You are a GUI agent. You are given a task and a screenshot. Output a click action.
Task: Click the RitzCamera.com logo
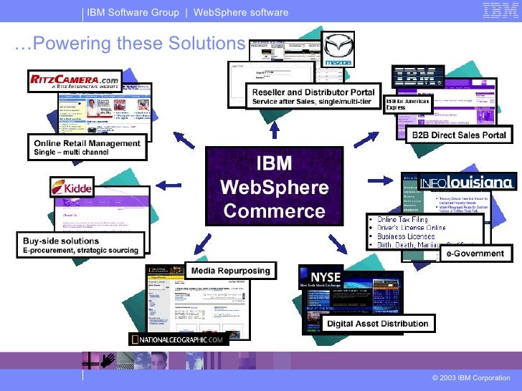tap(73, 82)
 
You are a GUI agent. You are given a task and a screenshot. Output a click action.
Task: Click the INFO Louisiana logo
tap(467, 182)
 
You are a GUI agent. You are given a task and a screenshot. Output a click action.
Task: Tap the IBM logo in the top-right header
tap(500, 10)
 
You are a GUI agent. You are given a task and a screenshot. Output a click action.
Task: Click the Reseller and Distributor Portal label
tap(311, 97)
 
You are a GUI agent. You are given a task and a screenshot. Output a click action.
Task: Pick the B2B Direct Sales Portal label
tap(458, 135)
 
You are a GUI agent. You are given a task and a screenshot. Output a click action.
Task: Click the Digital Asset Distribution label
tap(377, 324)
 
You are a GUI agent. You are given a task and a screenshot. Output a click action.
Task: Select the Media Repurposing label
tap(230, 271)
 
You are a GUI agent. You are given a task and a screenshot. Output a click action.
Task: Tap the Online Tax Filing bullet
tap(405, 219)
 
